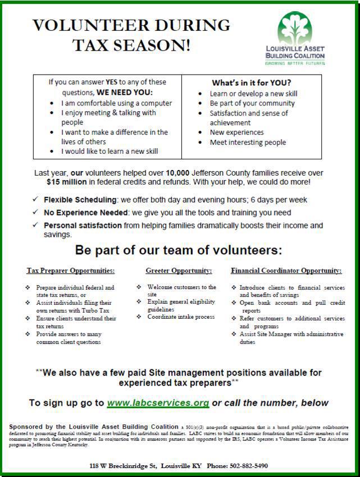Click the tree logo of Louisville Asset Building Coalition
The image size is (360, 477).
pyautogui.click(x=295, y=29)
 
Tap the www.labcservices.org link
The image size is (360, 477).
pyautogui.click(x=158, y=403)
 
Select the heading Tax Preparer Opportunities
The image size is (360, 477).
pyautogui.click(x=71, y=270)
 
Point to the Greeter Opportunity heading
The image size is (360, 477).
pyautogui.click(x=179, y=270)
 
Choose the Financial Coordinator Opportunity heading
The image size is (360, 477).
pyautogui.click(x=286, y=270)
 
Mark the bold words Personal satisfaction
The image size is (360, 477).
pyautogui.click(x=83, y=226)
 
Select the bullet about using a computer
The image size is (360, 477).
pyautogui.click(x=117, y=103)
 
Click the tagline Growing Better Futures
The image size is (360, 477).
pyautogui.click(x=295, y=64)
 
